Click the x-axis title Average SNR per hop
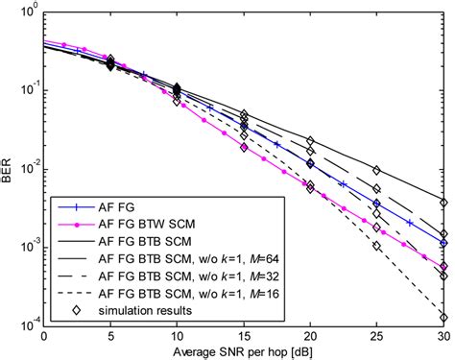click(243, 351)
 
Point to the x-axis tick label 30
click(443, 336)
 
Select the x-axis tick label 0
click(43, 336)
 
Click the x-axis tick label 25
click(376, 336)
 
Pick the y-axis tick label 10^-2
click(25, 169)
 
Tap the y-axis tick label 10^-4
click(25, 325)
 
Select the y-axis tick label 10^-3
click(25, 248)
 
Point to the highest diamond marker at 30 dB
click(443, 204)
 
